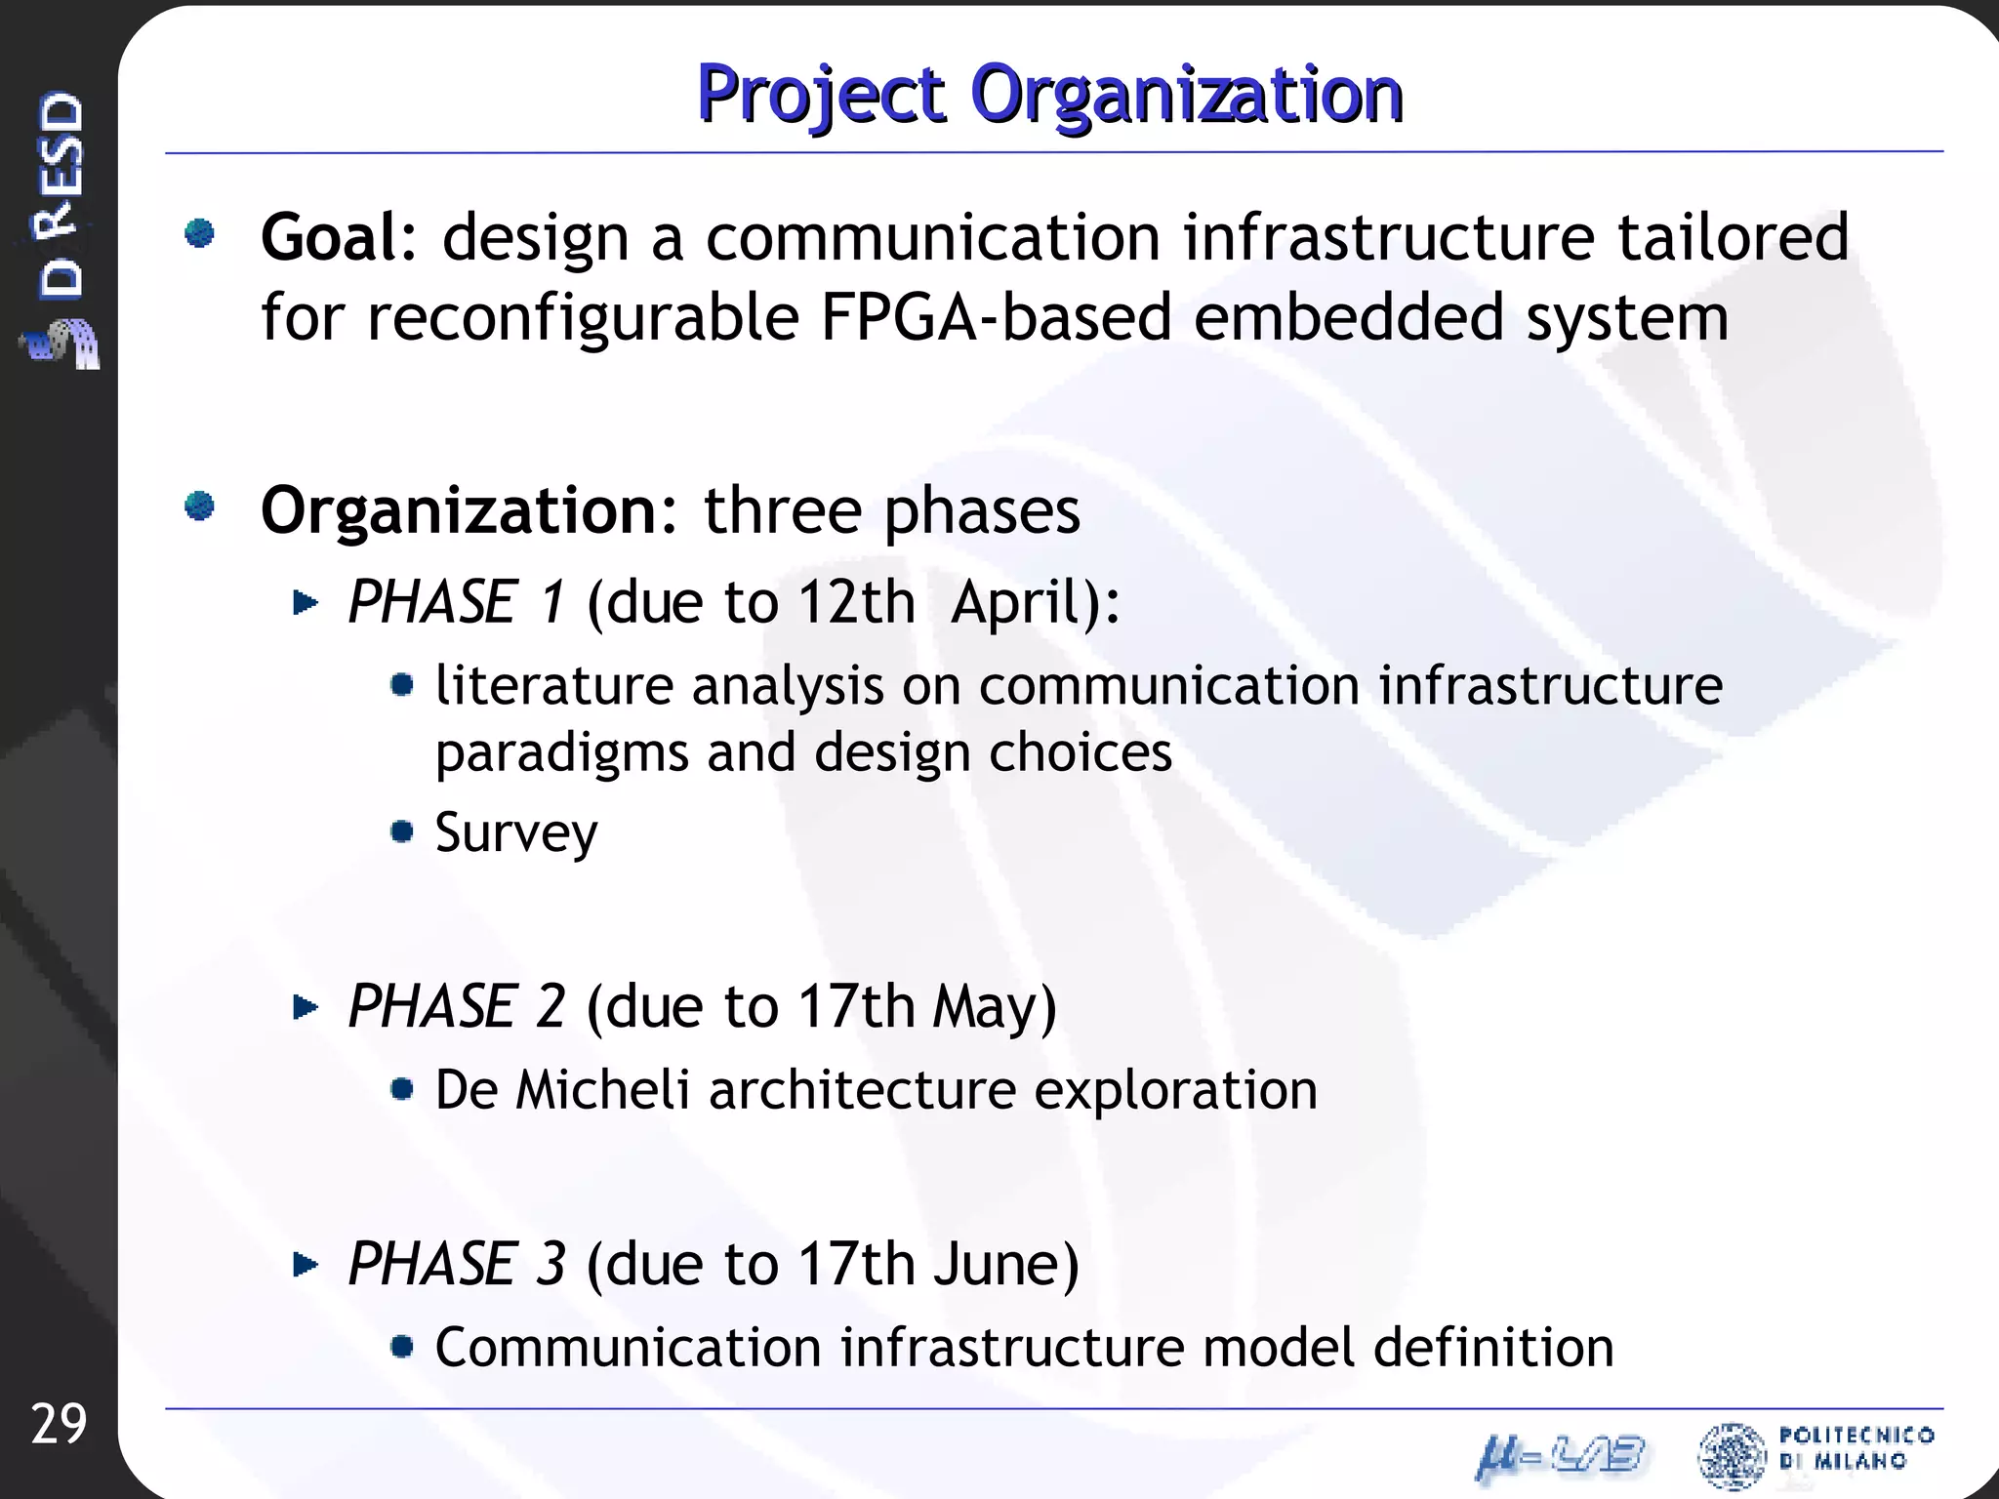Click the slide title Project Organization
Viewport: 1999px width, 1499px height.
1049,95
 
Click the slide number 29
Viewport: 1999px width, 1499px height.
59,1424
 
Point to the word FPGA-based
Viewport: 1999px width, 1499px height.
995,317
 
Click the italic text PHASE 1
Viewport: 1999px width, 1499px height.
456,601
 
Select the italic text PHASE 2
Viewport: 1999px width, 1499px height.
456,1006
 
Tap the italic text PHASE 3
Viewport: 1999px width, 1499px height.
456,1264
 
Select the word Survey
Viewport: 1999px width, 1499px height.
515,832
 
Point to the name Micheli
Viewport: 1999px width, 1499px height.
602,1089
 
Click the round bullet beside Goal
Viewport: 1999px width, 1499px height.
200,234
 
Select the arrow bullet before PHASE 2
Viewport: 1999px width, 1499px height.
306,1006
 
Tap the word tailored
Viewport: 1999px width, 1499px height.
1733,237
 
